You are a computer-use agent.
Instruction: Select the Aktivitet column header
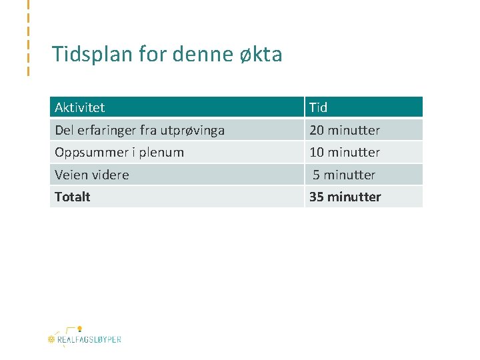80,107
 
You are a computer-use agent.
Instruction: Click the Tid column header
319,107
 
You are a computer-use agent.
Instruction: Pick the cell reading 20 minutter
345,130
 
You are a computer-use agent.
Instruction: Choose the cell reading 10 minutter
345,152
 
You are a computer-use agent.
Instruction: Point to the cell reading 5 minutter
344,175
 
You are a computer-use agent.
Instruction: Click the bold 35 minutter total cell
345,197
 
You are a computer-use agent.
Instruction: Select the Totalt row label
73,197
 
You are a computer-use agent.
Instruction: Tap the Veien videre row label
92,175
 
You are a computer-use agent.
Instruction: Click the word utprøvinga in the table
193,130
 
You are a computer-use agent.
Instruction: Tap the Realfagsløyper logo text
89,339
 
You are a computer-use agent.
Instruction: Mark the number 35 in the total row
316,197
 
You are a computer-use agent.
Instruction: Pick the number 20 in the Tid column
317,130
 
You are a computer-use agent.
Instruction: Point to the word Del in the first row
65,130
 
